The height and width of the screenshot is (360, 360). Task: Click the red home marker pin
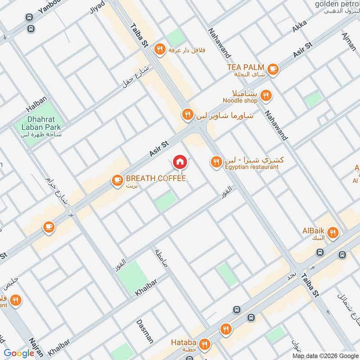tap(180, 162)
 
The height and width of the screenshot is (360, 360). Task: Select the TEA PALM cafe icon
tap(273, 69)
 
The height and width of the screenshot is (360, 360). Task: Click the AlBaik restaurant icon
tap(333, 233)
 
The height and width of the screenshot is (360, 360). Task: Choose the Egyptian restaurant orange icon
tap(216, 162)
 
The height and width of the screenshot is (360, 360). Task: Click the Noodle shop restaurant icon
tap(266, 95)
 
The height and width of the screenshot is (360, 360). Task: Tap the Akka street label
tap(299, 27)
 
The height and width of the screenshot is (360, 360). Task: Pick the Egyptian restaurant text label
tap(252, 167)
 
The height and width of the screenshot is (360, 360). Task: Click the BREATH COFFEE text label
tap(156, 179)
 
